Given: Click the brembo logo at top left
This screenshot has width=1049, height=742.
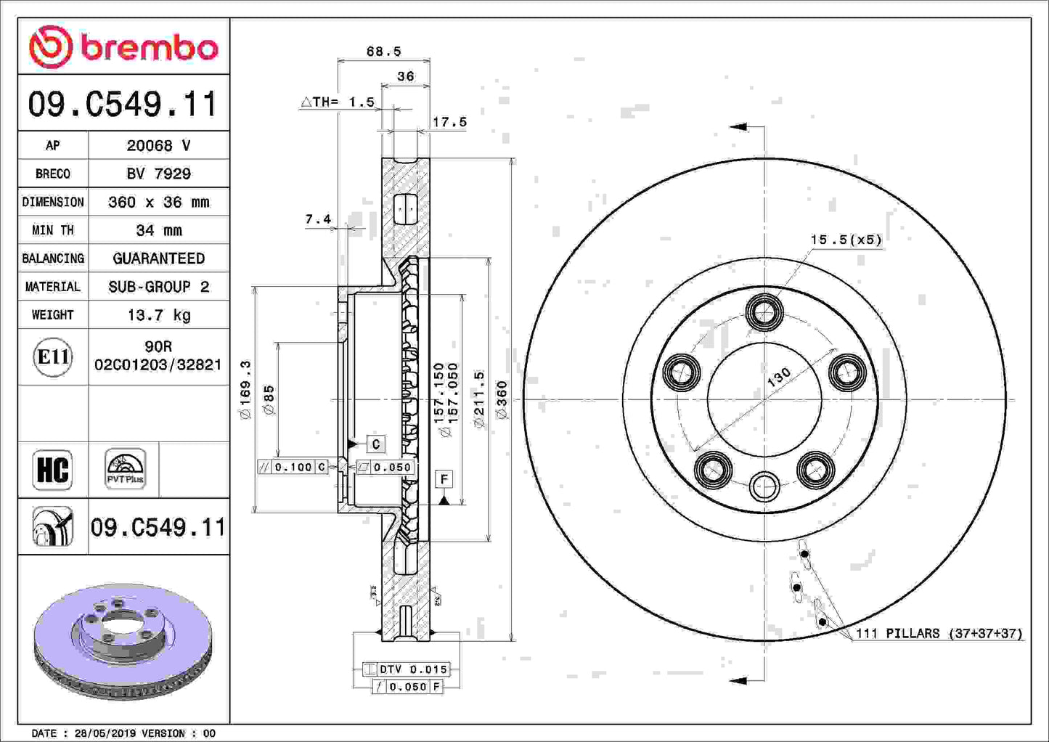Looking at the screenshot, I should click(123, 47).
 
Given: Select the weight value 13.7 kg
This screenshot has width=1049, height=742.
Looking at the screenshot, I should click(158, 315).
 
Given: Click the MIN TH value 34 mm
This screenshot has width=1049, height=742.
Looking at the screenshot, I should click(158, 230).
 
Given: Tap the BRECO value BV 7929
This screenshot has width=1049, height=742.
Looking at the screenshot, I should click(158, 174).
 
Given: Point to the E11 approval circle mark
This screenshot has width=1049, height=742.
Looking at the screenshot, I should click(53, 357).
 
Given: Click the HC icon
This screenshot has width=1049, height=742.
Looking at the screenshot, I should click(53, 470).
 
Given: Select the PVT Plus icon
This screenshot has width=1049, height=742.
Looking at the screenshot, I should click(125, 469).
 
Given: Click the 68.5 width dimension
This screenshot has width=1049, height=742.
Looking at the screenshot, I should click(383, 52).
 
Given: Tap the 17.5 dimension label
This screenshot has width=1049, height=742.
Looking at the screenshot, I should click(449, 122).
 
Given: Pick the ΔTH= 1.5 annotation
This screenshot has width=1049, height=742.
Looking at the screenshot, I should click(338, 102).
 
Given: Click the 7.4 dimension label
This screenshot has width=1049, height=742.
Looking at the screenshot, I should click(318, 219).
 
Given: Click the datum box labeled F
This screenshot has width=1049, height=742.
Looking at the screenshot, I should click(444, 478).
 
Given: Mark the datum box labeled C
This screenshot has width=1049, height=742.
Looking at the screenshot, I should click(375, 444).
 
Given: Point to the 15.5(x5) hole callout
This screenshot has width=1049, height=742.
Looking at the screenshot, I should click(846, 240).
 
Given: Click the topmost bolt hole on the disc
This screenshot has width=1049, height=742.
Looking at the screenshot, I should click(764, 313).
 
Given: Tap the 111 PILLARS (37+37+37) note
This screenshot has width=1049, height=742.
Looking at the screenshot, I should click(939, 633).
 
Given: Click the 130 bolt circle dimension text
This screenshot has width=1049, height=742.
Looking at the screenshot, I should click(779, 378).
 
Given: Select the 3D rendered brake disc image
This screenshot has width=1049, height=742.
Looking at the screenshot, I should click(123, 639).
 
